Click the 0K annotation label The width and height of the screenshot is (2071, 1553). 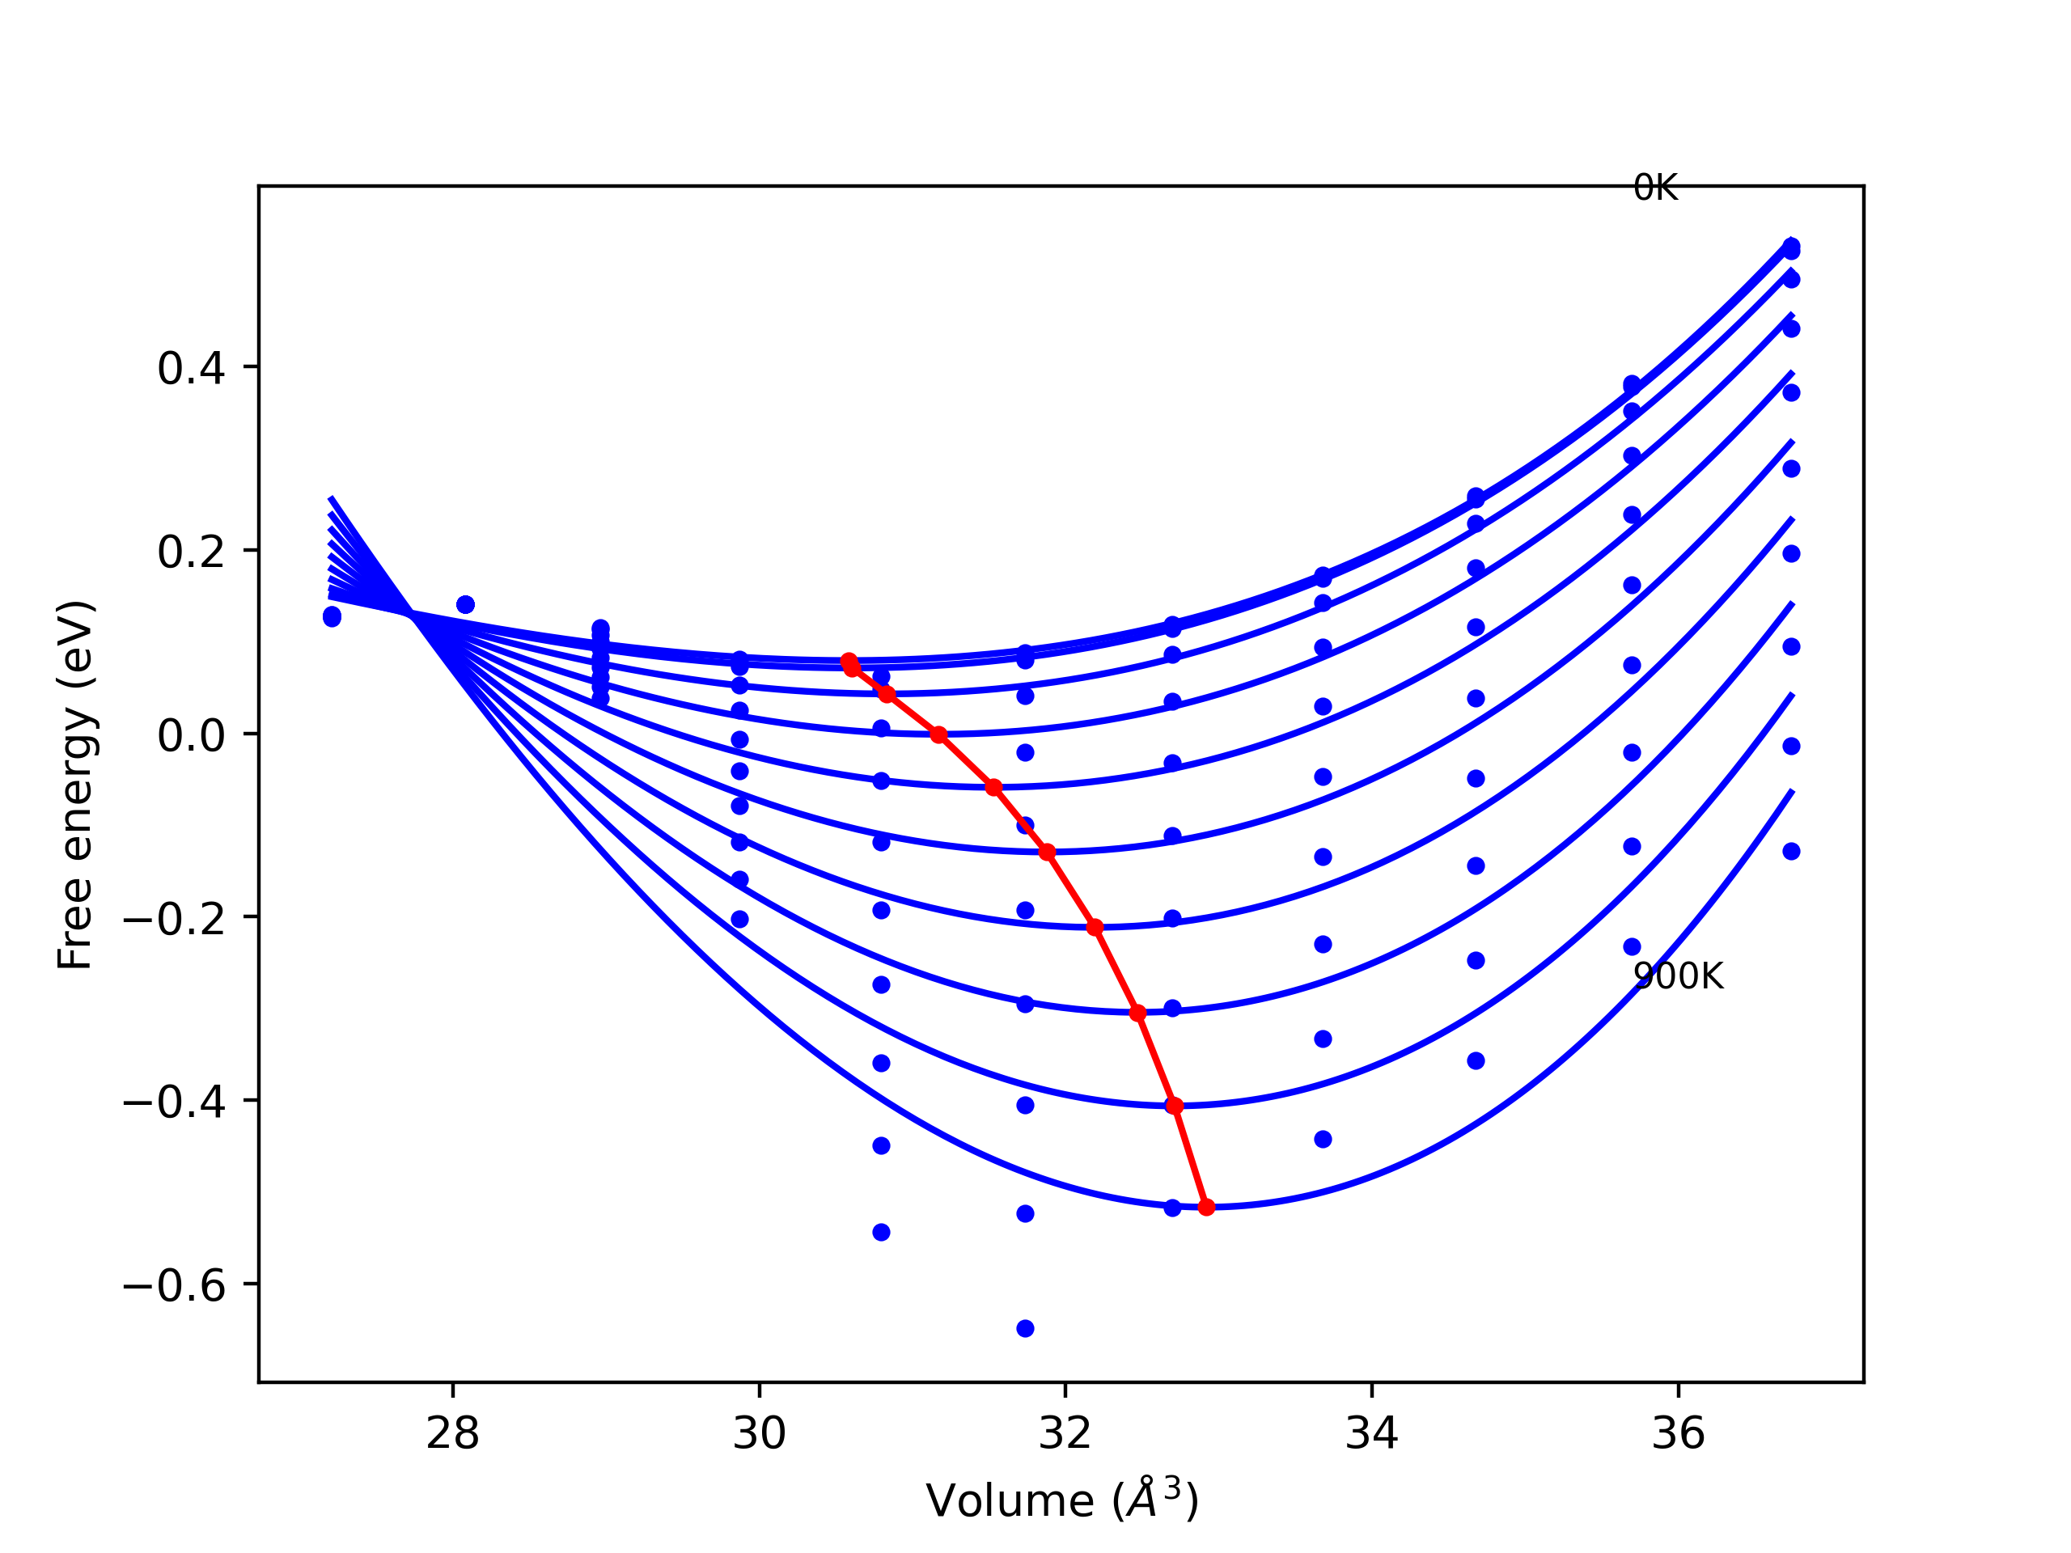(1655, 188)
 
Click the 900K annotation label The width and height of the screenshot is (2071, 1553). (1678, 976)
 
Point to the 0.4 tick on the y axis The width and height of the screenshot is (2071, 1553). (191, 368)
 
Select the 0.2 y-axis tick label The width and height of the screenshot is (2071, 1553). (191, 552)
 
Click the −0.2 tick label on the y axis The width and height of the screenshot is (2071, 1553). (174, 918)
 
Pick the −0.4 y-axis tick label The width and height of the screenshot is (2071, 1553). (174, 1102)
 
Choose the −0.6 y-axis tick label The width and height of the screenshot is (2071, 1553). (174, 1285)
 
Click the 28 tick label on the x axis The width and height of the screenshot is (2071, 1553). (452, 1433)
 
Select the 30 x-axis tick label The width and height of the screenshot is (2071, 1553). (760, 1433)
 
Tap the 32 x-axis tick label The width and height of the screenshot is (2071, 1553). (1065, 1433)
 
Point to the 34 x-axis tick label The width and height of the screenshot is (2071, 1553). (1371, 1433)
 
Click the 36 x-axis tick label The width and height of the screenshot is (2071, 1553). (1678, 1433)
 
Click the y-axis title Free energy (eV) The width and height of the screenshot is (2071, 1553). (75, 785)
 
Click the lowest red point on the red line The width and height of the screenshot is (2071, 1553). (1206, 1208)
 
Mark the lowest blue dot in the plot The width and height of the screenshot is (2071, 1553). (1025, 1328)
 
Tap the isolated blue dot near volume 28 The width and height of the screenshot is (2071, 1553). (465, 605)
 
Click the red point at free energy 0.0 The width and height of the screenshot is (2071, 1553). (939, 734)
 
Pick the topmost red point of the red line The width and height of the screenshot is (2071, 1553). (849, 662)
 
